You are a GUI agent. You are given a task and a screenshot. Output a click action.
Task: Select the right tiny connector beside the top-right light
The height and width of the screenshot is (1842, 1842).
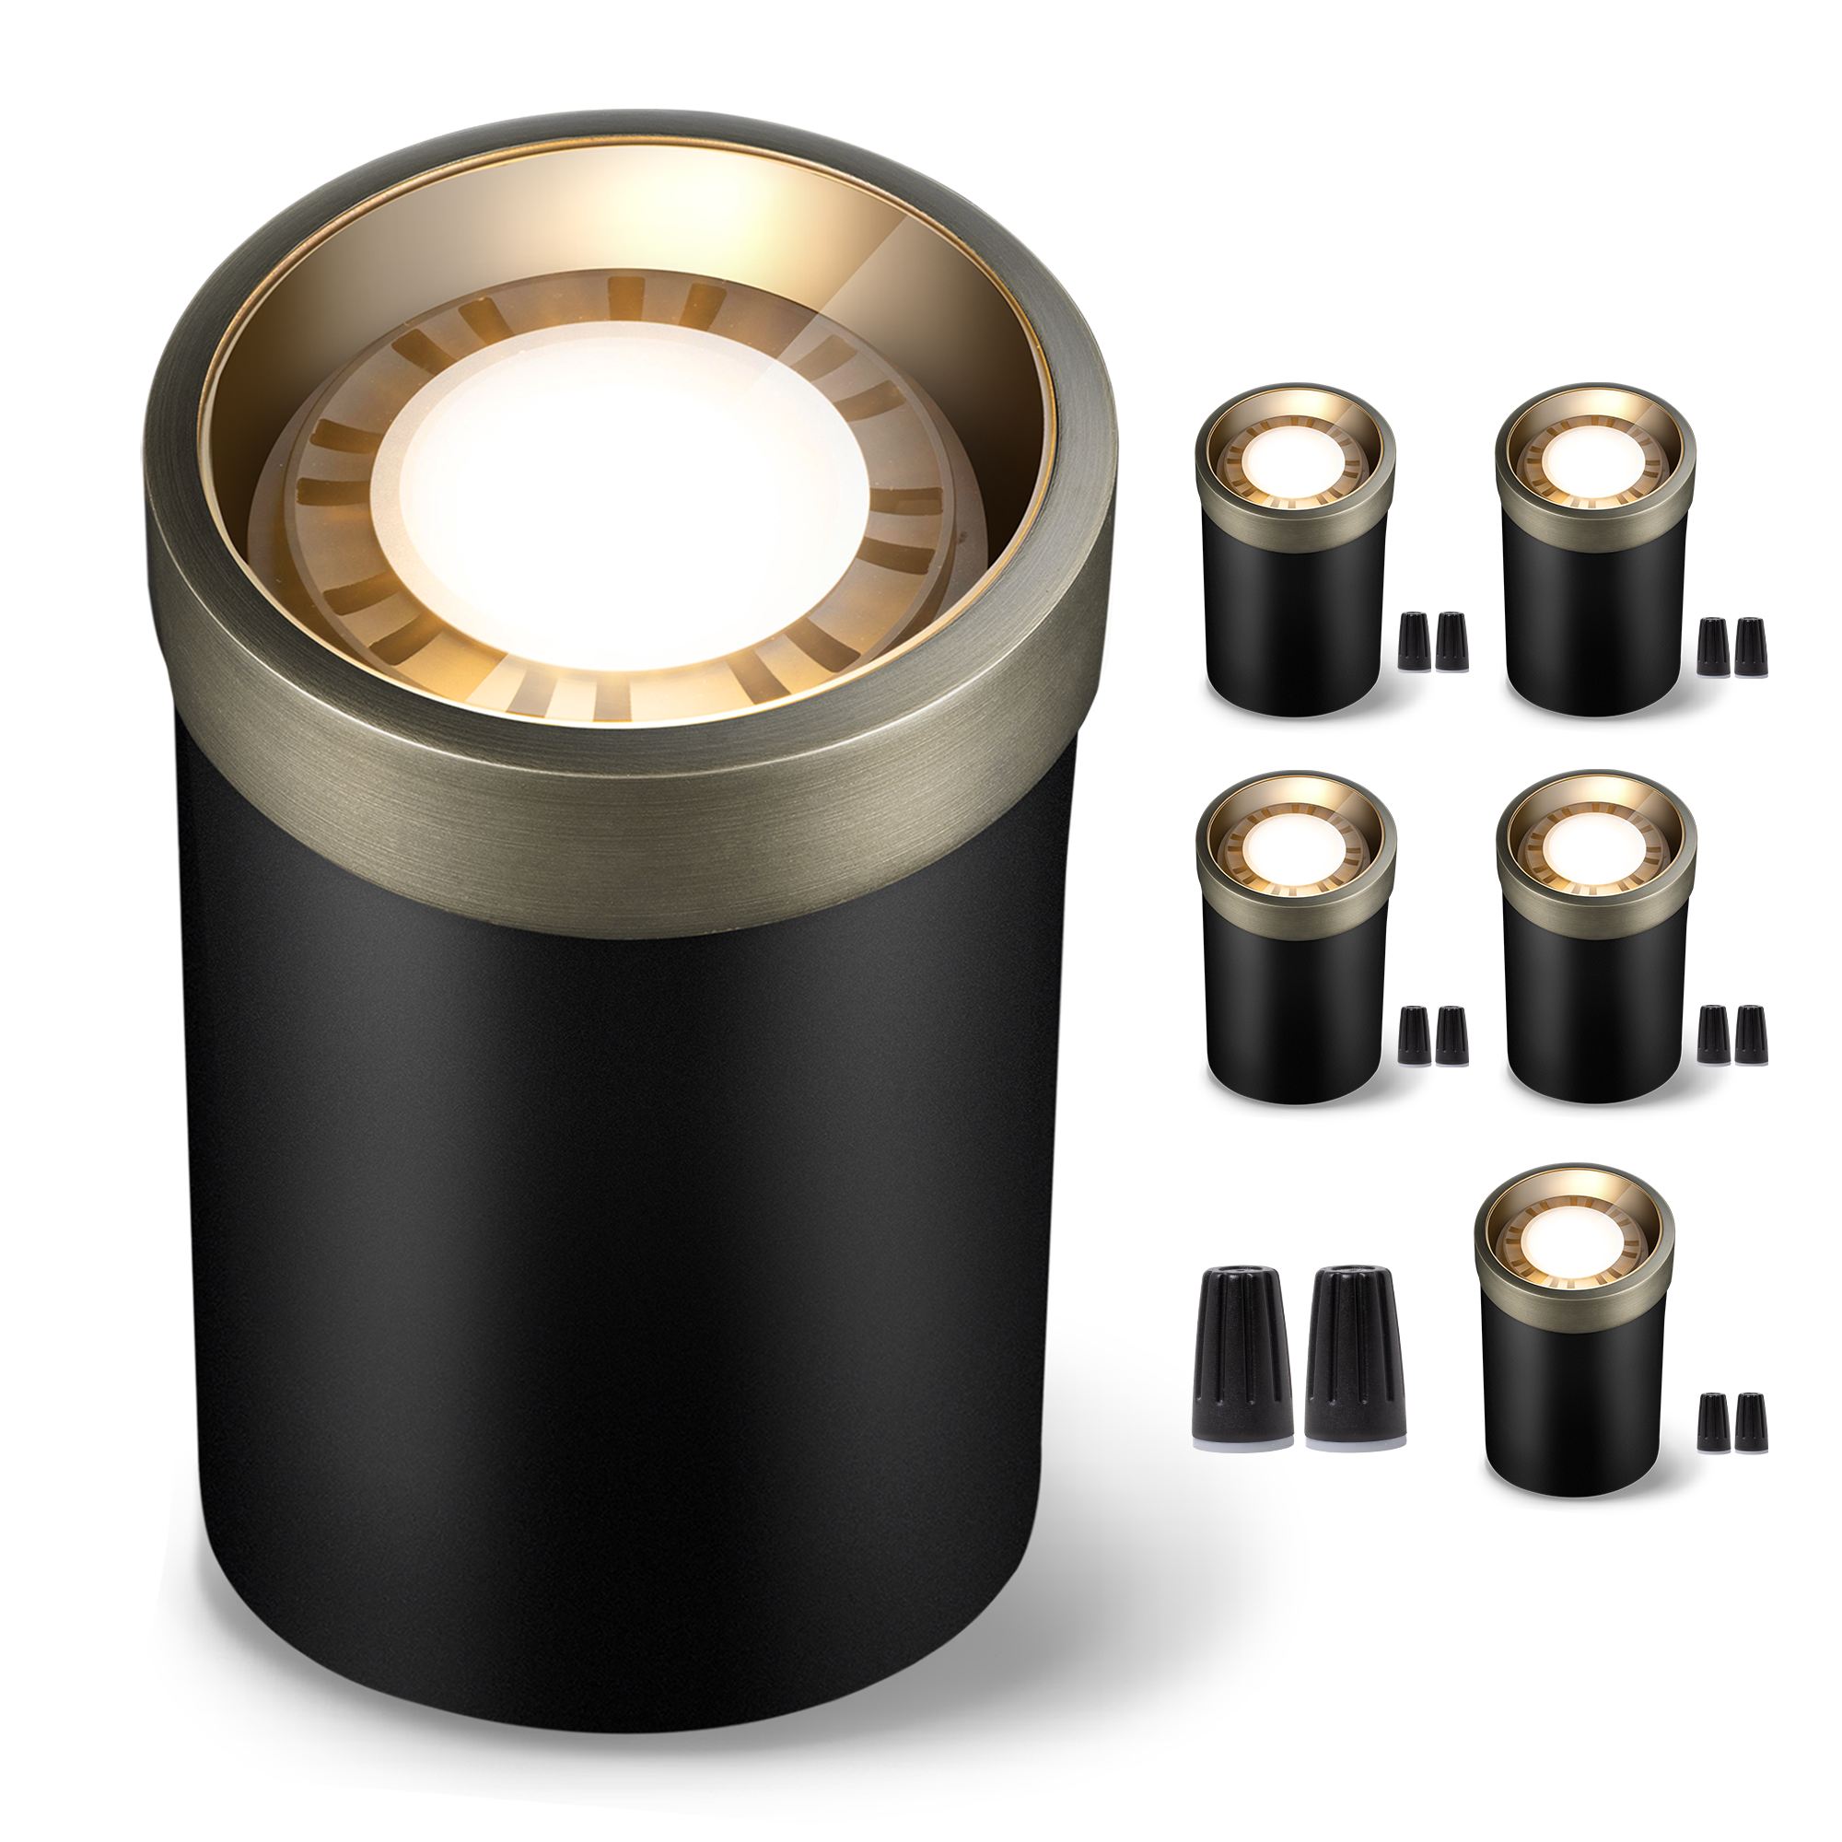click(x=1751, y=648)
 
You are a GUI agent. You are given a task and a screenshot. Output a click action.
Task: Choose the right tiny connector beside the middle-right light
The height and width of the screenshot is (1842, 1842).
click(x=1751, y=1035)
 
